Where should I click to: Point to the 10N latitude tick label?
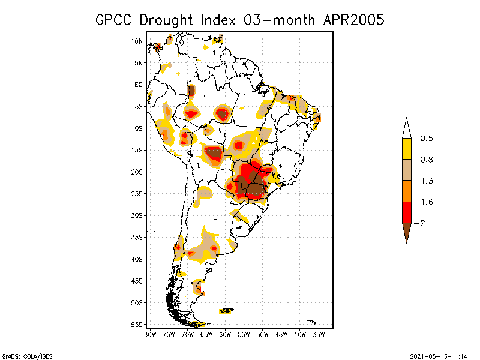[x=137, y=41]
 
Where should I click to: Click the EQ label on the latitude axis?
[x=139, y=85]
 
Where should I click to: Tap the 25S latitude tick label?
[x=137, y=193]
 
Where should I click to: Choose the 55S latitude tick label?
[x=137, y=324]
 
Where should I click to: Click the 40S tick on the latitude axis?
[x=137, y=259]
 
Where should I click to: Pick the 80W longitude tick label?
[x=150, y=334]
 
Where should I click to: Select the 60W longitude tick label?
[x=225, y=334]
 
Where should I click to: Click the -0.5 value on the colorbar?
[x=425, y=139]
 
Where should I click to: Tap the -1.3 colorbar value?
[x=425, y=181]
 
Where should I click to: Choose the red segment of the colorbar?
[x=407, y=212]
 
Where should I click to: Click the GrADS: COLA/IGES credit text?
[x=27, y=356]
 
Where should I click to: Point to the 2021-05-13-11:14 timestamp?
[x=439, y=356]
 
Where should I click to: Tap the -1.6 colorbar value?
[x=425, y=202]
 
